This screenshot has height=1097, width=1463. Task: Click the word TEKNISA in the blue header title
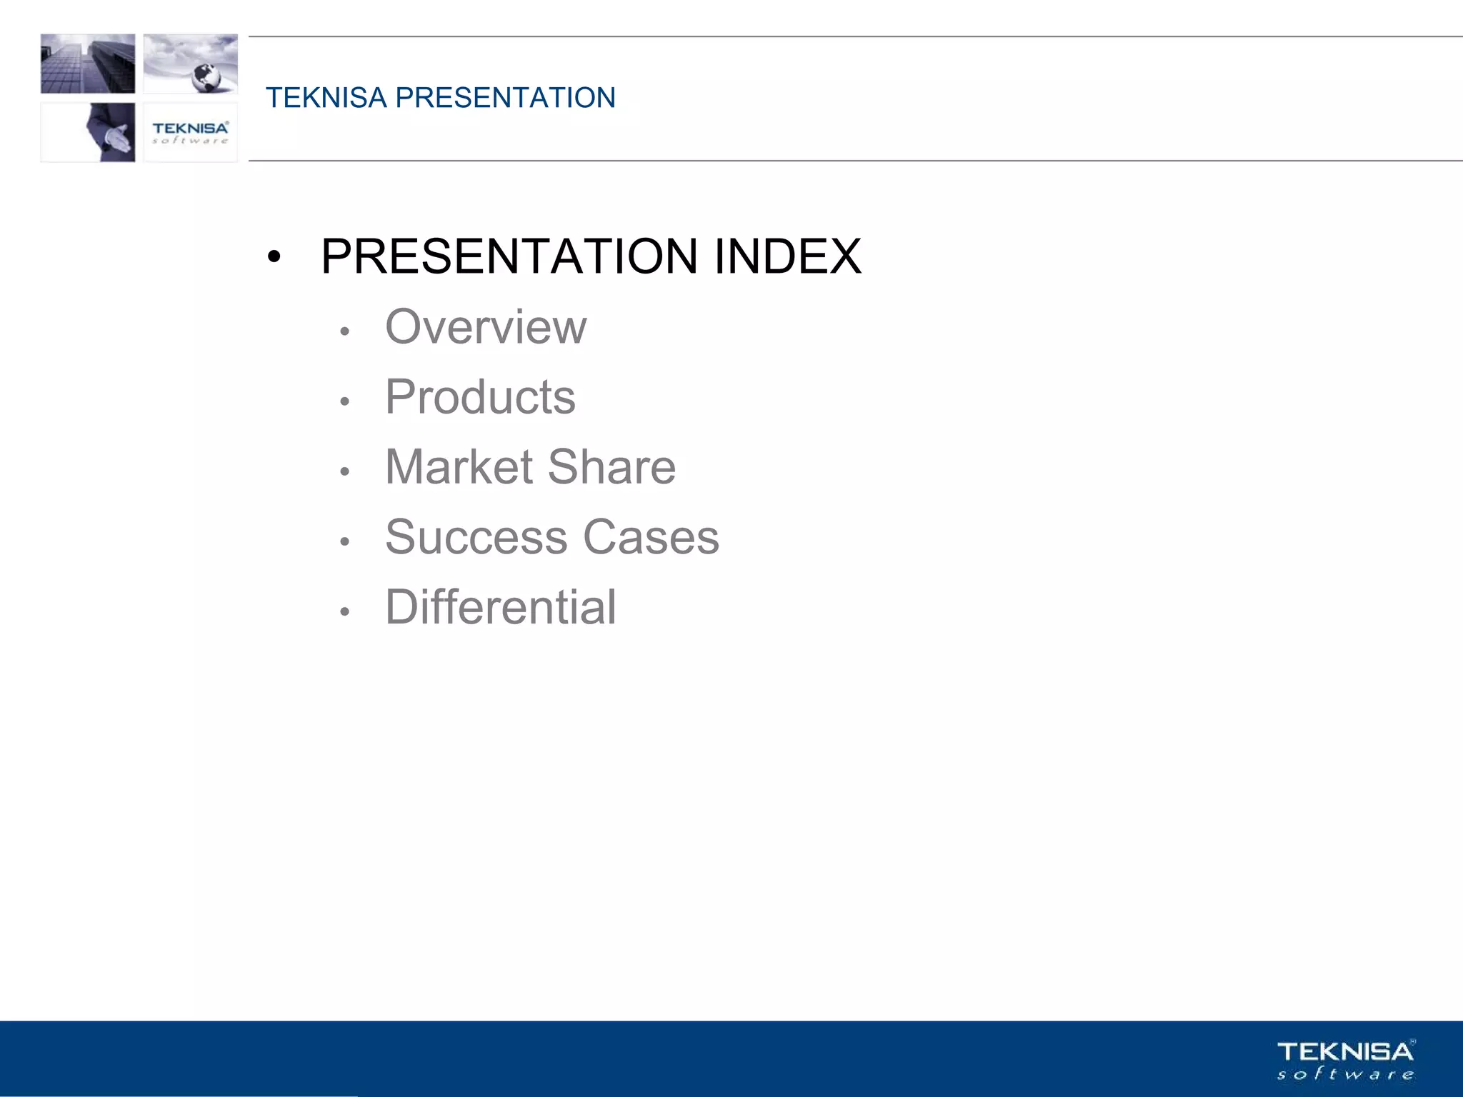click(x=326, y=98)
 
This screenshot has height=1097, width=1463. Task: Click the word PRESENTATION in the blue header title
click(x=505, y=98)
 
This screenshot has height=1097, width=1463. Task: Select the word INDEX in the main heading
click(x=787, y=256)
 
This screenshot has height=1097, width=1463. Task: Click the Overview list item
click(x=486, y=327)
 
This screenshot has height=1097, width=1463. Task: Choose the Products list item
click(x=480, y=397)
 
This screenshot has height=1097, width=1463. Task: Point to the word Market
click(x=459, y=467)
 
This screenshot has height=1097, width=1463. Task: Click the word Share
click(x=611, y=467)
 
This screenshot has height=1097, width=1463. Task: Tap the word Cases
click(x=651, y=537)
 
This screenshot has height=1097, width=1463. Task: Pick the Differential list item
click(x=500, y=607)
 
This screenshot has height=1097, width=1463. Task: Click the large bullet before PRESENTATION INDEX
click(x=274, y=257)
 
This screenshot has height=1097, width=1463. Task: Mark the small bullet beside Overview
click(x=345, y=331)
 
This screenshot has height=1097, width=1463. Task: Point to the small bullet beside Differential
click(x=345, y=611)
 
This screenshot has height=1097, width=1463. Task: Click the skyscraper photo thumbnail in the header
click(x=88, y=64)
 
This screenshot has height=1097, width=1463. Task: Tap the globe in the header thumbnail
click(x=207, y=76)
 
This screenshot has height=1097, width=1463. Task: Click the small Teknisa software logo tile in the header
click(x=190, y=132)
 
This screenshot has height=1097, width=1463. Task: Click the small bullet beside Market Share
click(x=345, y=471)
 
